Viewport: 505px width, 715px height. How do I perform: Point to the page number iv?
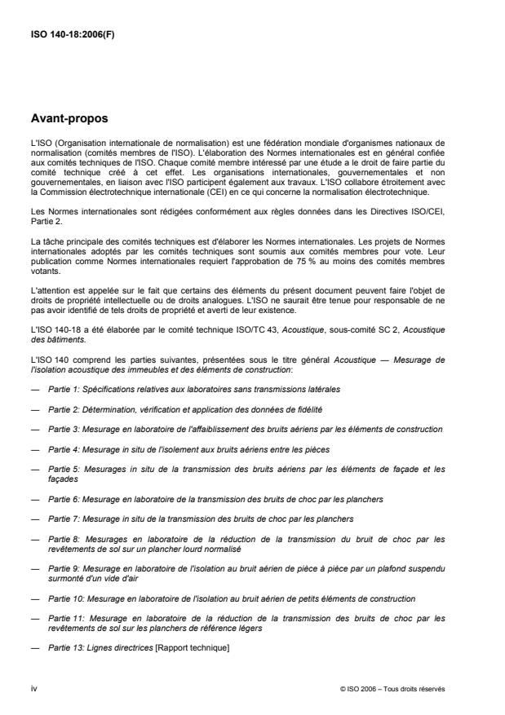[x=33, y=688]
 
